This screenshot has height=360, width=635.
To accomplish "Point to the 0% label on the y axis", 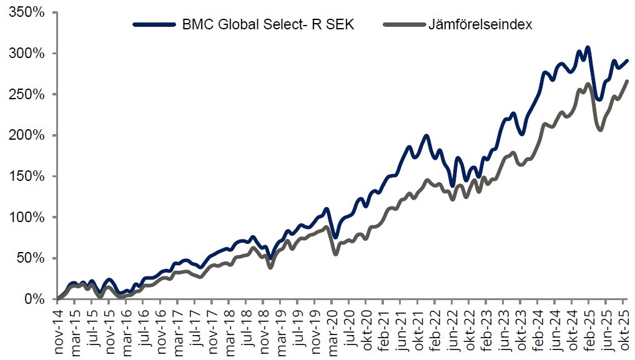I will click(x=35, y=299).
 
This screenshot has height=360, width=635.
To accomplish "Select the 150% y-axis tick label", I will click(x=27, y=177).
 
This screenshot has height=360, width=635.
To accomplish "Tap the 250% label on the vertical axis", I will click(x=27, y=94).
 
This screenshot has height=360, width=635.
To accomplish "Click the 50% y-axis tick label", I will click(x=31, y=258).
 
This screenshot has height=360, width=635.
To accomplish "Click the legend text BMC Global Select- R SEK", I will click(x=268, y=25).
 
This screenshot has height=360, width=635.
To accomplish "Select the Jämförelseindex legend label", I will click(x=480, y=25).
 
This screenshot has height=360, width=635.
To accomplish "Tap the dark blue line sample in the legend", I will click(x=155, y=25).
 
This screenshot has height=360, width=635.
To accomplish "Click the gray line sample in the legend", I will click(x=403, y=25).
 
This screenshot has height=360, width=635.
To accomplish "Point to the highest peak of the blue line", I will click(x=588, y=47).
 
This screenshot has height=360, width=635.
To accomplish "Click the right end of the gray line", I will click(x=627, y=81).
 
